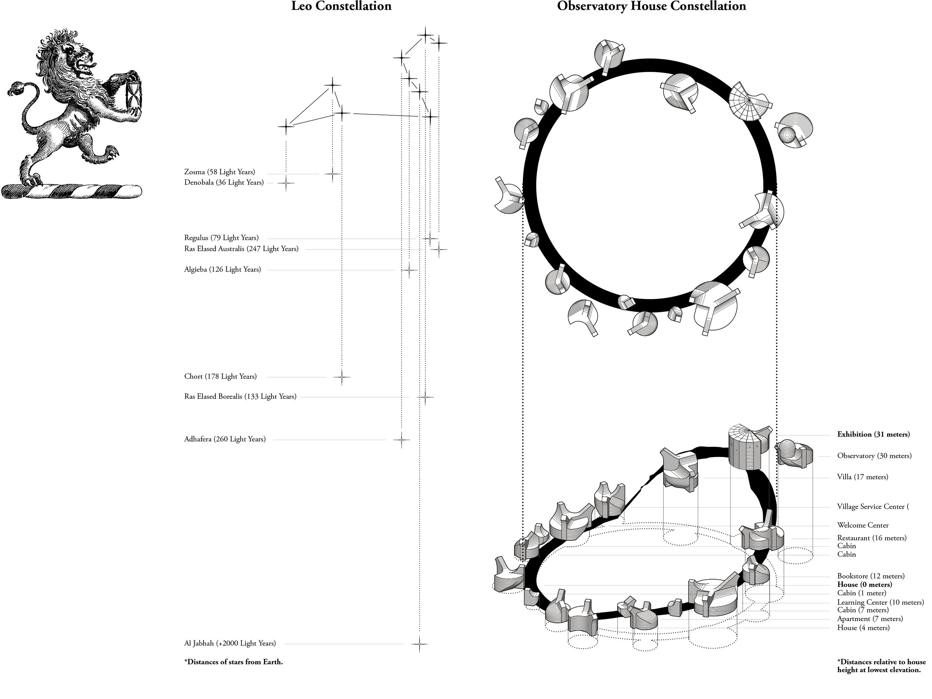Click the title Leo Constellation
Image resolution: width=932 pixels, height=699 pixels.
point(341,6)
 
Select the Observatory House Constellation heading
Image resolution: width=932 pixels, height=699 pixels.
point(652,6)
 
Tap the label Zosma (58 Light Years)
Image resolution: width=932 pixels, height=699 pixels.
point(220,172)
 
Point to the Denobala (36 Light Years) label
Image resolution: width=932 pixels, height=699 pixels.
point(224,182)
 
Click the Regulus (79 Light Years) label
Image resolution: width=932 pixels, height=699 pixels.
point(221,238)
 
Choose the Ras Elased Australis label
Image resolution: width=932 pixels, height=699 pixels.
point(241,249)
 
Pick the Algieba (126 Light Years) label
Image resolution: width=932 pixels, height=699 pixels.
point(223,269)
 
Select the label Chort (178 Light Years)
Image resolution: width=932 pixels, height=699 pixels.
point(220,376)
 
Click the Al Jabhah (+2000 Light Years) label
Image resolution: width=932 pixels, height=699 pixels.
point(230,643)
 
